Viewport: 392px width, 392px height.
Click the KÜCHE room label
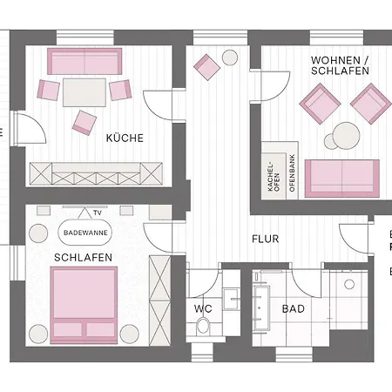pos(125,138)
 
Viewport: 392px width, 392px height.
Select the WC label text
pos(203,308)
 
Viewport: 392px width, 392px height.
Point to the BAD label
pos(294,308)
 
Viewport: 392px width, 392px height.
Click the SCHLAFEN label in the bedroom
pos(82,258)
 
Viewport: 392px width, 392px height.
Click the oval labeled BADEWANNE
pos(84,233)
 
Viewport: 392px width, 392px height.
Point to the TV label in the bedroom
pos(98,212)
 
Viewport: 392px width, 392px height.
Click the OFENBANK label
pos(293,177)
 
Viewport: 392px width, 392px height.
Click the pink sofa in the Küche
pos(84,61)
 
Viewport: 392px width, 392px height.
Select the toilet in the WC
pos(203,326)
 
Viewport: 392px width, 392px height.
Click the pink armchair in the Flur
pos(208,66)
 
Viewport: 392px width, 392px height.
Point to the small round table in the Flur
pos(231,57)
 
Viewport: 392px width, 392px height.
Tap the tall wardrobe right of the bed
pos(159,288)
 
